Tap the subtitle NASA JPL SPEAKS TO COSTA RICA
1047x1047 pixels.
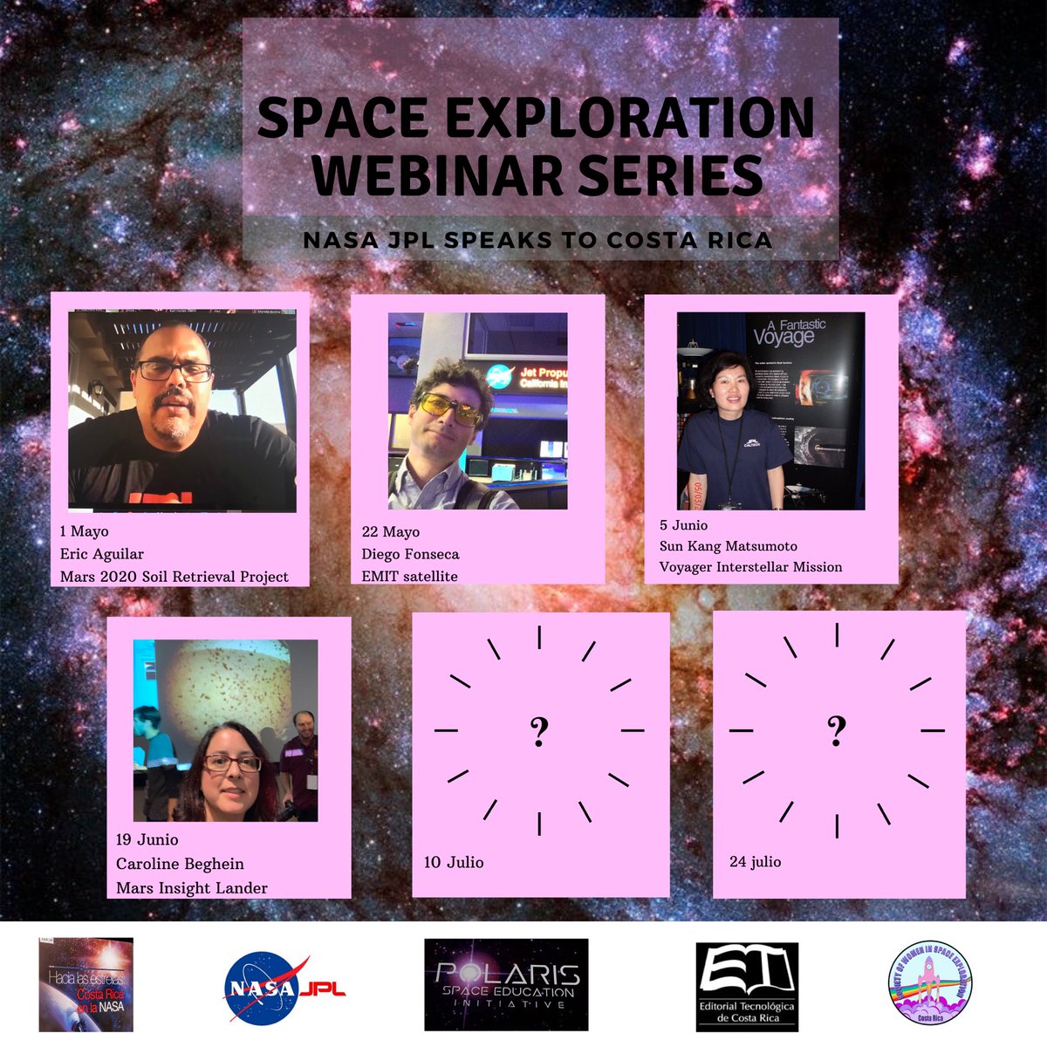537,240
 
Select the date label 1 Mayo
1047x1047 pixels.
85,531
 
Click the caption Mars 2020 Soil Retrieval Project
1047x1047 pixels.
174,577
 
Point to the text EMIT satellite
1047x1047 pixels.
410,576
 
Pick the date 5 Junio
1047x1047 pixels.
684,525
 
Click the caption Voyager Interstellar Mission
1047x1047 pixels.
751,566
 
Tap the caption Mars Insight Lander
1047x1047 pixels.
192,887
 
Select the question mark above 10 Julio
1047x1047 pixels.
539,731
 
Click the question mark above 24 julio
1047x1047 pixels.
837,730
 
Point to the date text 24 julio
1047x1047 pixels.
756,861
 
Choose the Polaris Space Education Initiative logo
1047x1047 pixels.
506,985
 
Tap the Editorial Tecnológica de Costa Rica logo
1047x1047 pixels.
747,985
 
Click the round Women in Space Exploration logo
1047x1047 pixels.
929,982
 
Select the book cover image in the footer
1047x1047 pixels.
85,984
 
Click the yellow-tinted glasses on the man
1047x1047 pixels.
450,407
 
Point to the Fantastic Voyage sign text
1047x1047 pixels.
789,332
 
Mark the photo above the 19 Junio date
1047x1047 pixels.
225,730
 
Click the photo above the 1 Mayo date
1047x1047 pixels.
182,411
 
